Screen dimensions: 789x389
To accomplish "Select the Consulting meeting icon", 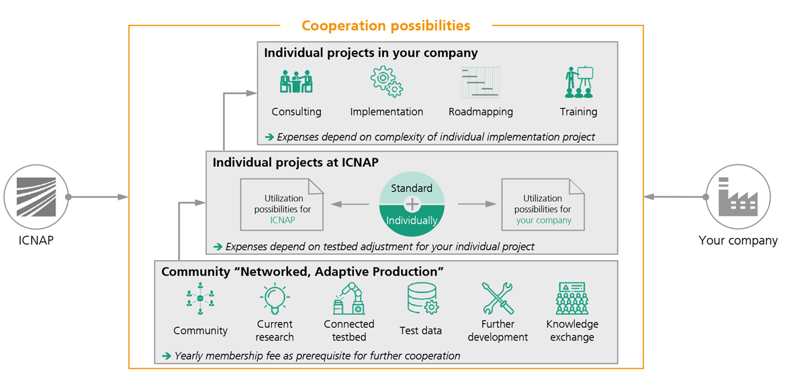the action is point(296,81).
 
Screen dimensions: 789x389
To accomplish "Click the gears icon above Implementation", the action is point(387,82).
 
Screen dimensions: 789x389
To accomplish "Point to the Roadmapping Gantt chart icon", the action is point(481,82).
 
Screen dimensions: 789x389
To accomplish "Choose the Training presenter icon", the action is point(579,82).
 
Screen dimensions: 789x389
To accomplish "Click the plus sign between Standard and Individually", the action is point(412,203).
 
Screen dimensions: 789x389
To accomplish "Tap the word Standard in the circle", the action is point(412,188).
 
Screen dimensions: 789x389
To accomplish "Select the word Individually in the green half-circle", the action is point(412,220).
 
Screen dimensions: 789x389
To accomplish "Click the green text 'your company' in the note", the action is point(543,220).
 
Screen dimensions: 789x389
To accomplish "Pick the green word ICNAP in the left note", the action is point(283,220).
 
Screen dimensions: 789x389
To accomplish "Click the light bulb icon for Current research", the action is point(275,298).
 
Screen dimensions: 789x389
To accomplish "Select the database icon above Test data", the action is point(422,298).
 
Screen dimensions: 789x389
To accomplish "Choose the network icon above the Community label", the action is point(200,299).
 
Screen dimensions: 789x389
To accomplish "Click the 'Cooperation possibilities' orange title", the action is point(385,25).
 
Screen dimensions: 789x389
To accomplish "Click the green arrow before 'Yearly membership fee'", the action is point(167,356).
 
